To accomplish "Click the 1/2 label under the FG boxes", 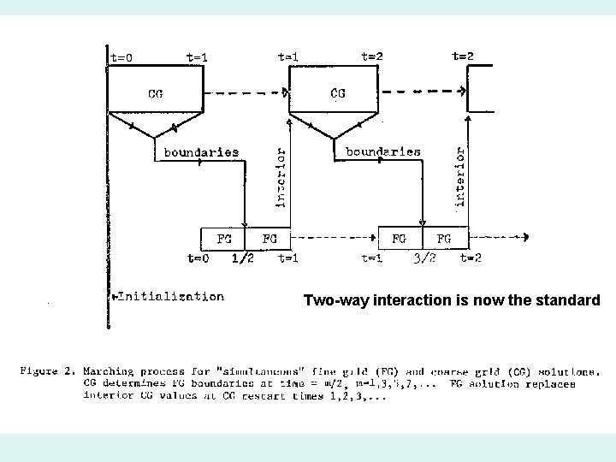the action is (x=243, y=258).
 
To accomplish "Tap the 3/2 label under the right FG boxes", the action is (x=425, y=258).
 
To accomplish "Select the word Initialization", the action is (x=170, y=297).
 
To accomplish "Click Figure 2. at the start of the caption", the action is (x=48, y=372).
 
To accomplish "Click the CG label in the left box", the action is (x=156, y=93).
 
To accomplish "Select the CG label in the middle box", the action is (x=338, y=93).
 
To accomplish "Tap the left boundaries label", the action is (x=201, y=152).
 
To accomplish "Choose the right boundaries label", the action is (x=383, y=151).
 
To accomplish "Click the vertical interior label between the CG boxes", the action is (x=280, y=175).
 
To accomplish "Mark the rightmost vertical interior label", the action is (x=460, y=175).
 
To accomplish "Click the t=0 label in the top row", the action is (x=121, y=58).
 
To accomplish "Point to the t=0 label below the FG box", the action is (x=198, y=258).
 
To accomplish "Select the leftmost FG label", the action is (x=224, y=239).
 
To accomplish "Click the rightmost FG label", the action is (x=445, y=239).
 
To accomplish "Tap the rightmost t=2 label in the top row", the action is (x=463, y=56).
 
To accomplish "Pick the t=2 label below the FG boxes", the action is (x=471, y=258).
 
